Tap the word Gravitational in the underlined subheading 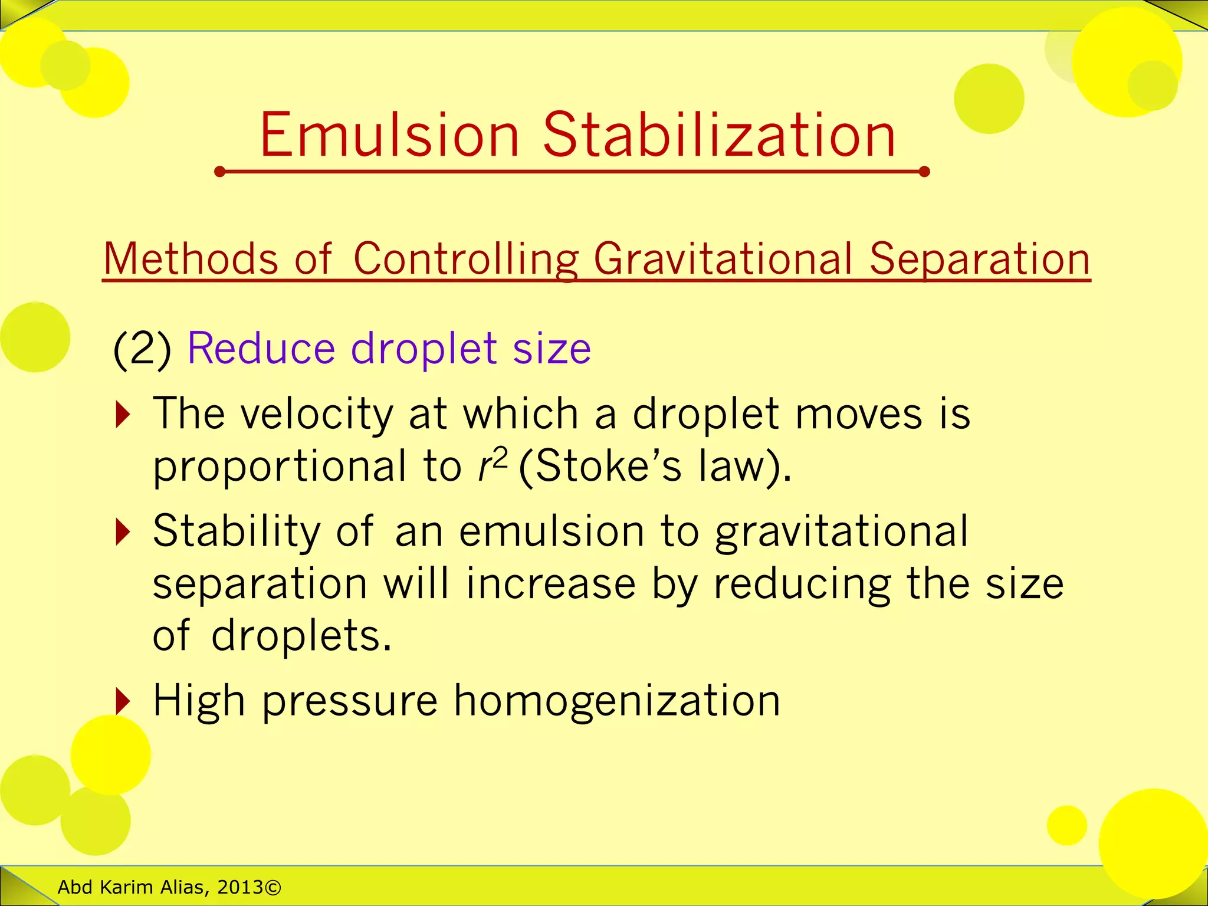[723, 260]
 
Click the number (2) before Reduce [142, 349]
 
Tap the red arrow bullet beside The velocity [122, 415]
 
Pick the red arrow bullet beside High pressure [122, 701]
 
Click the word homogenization [616, 701]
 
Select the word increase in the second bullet [551, 584]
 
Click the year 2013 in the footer [240, 887]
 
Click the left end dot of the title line [220, 172]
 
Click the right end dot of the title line [924, 172]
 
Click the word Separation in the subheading [979, 260]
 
